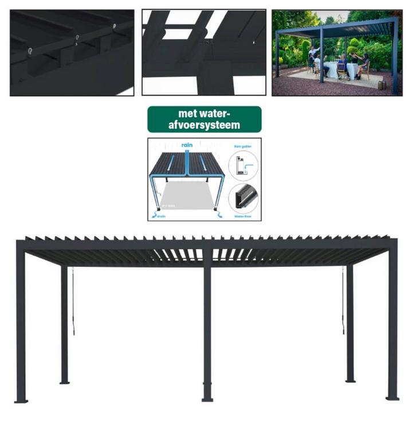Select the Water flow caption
(243, 216)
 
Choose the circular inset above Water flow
(244, 198)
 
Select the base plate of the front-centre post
(207, 398)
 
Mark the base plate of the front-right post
(392, 397)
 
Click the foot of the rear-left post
(65, 381)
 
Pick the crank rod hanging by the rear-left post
(73, 301)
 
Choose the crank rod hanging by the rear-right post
(343, 301)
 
